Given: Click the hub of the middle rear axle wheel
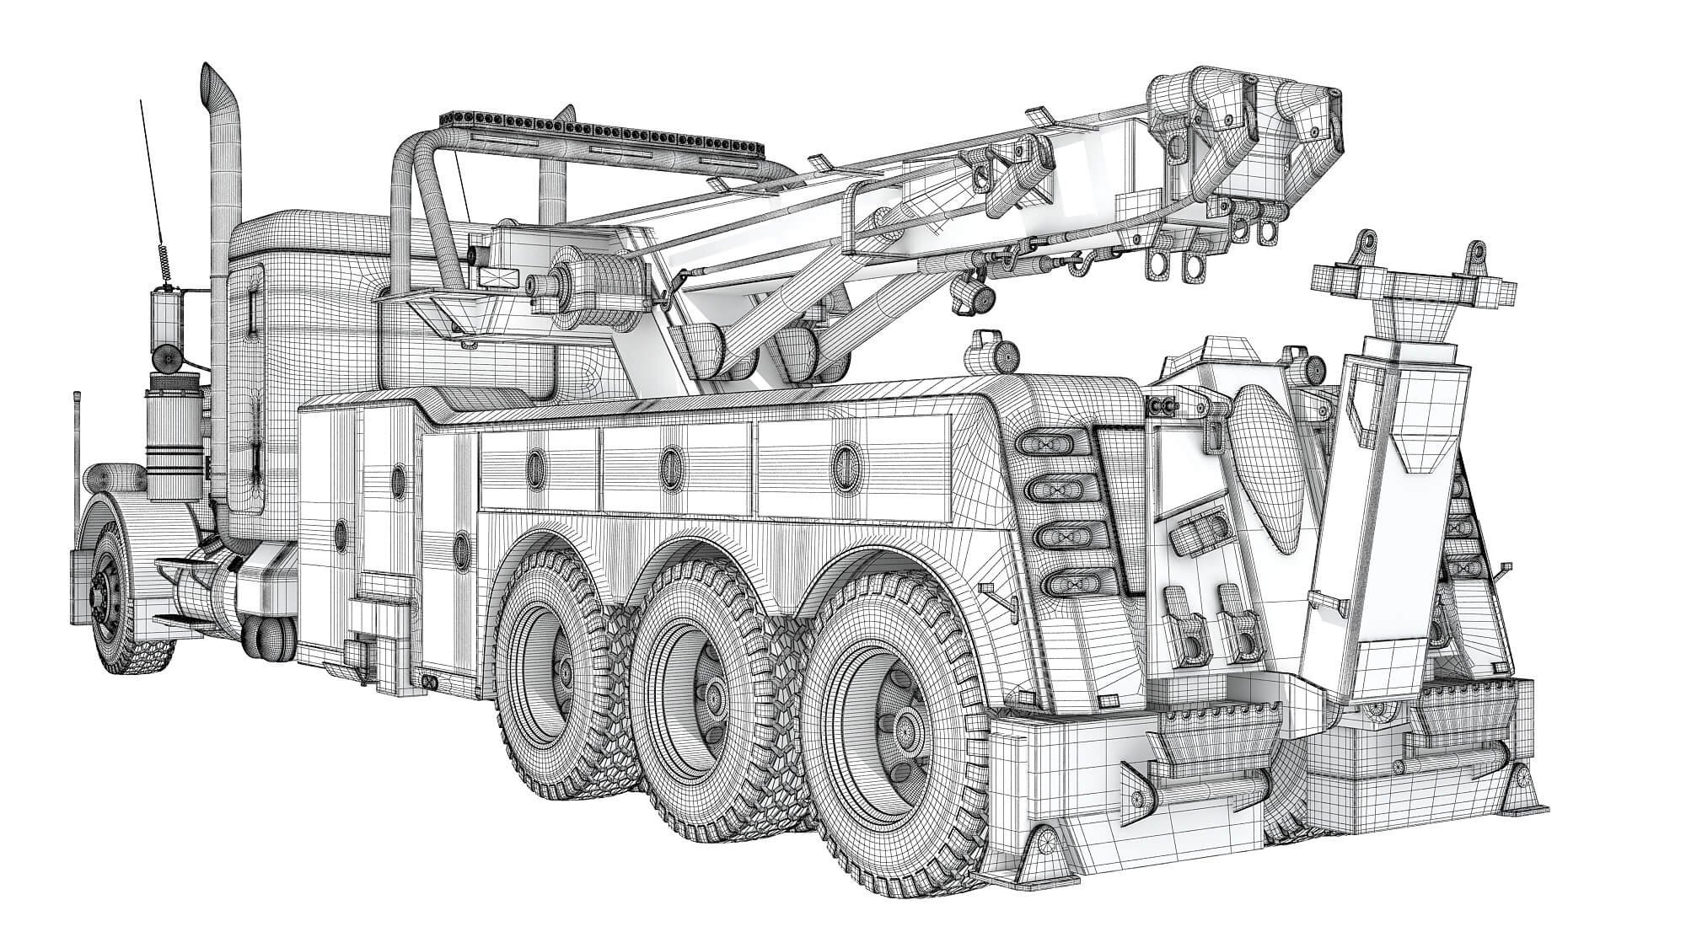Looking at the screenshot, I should coord(711,697).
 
